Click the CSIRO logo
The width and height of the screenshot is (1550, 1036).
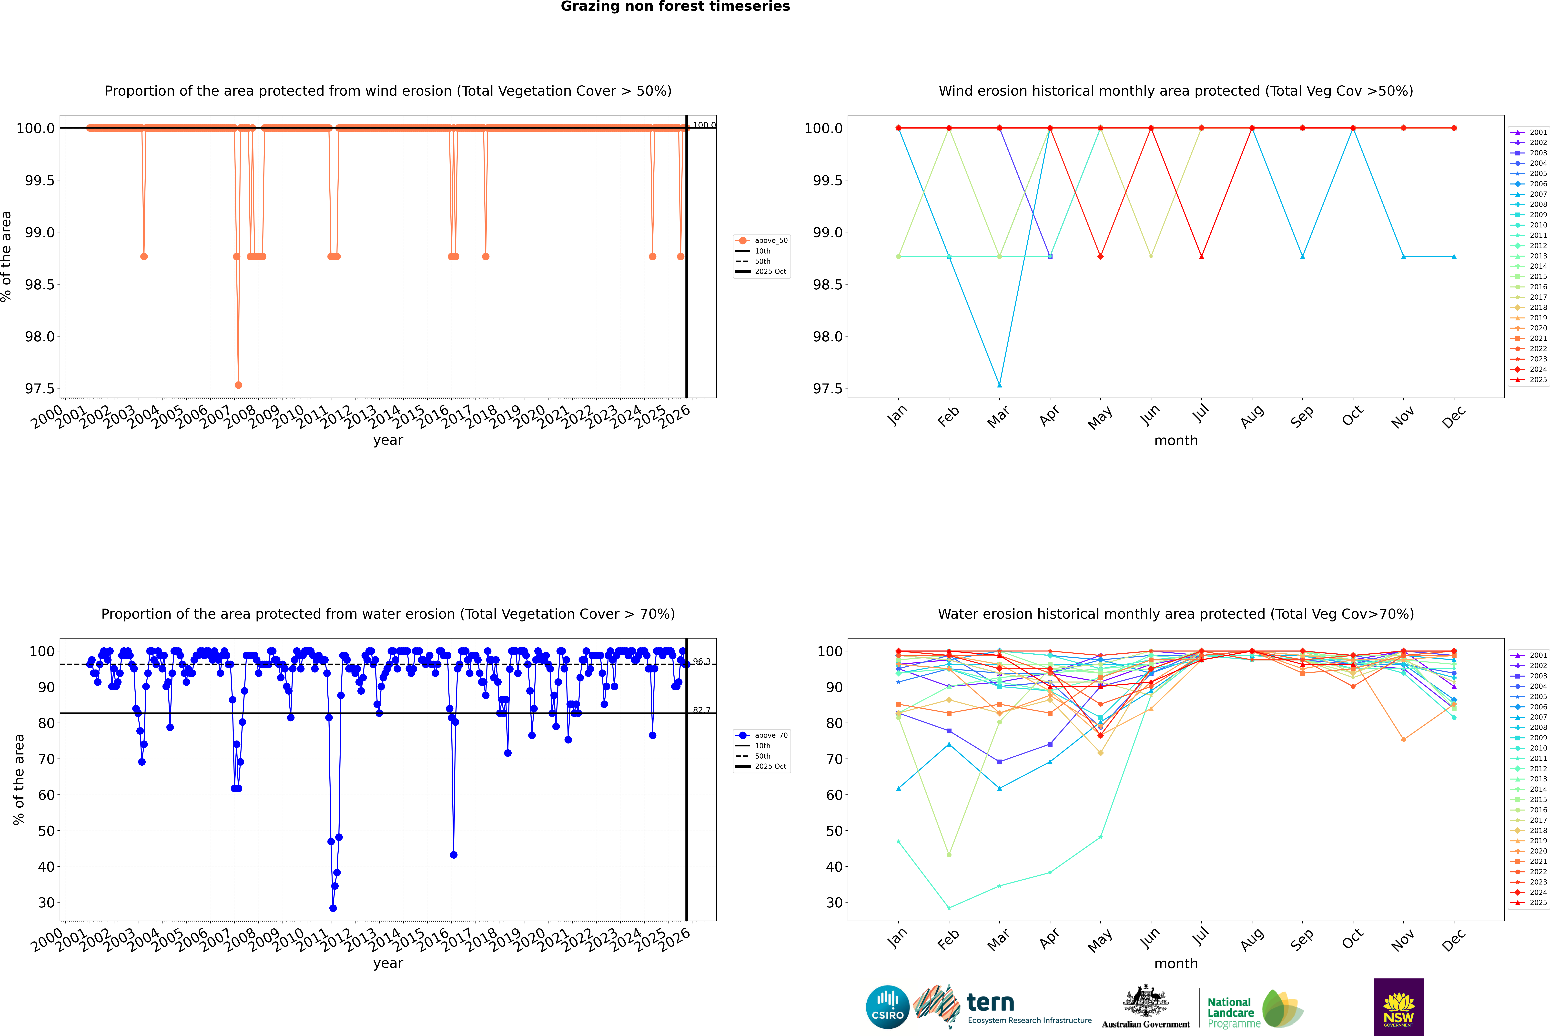[887, 1007]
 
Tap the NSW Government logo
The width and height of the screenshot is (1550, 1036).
[1399, 1007]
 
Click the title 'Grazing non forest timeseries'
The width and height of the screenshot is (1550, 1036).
[675, 7]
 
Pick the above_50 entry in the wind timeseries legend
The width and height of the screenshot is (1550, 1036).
[770, 241]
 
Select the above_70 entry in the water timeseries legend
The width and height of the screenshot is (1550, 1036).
[770, 735]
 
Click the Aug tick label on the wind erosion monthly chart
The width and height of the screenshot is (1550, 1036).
[1252, 416]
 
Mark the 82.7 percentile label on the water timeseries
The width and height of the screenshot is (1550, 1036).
[702, 710]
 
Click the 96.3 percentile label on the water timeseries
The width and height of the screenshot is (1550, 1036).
[702, 661]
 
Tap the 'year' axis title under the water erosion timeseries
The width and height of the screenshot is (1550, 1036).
[388, 963]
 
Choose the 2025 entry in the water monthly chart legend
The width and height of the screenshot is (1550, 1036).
[1537, 903]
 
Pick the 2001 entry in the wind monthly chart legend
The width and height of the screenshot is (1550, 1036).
[1537, 132]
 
